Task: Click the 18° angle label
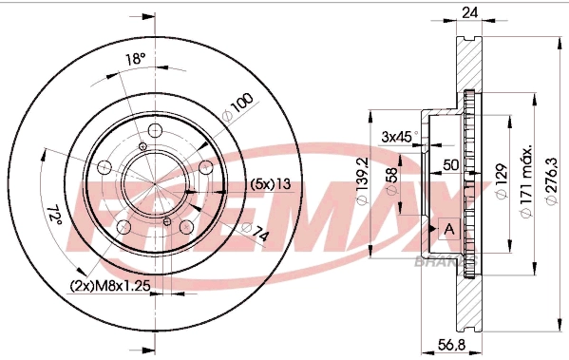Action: tap(135, 59)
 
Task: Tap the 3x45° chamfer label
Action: tap(398, 136)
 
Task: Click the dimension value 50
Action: tap(451, 164)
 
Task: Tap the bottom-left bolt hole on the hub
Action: tap(123, 226)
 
